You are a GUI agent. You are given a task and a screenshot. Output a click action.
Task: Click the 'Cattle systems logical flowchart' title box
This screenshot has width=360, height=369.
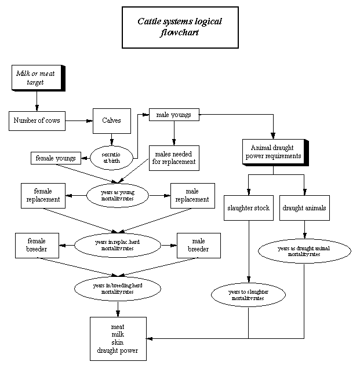click(x=180, y=27)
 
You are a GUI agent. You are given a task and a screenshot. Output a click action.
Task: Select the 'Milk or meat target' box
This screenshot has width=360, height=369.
click(x=37, y=78)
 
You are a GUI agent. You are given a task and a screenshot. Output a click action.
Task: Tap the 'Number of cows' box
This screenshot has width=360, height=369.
click(x=37, y=121)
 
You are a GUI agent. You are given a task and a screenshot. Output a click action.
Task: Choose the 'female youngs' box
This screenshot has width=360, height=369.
click(x=56, y=158)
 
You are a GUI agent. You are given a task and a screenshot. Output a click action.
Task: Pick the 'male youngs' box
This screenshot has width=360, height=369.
click(x=174, y=114)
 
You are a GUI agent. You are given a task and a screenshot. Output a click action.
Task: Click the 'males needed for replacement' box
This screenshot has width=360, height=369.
click(x=173, y=158)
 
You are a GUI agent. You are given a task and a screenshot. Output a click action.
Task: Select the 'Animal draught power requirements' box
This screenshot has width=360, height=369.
click(x=273, y=152)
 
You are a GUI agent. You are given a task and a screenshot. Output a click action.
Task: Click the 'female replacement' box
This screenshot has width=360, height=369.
click(x=43, y=196)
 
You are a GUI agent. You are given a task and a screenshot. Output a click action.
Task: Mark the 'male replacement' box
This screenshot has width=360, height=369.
click(x=192, y=196)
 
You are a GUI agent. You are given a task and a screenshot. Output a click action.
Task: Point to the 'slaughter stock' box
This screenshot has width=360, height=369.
click(x=248, y=208)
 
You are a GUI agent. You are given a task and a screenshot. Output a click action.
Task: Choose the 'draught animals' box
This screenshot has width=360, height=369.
click(x=304, y=208)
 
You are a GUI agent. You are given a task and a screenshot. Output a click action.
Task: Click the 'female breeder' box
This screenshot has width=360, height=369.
click(x=39, y=245)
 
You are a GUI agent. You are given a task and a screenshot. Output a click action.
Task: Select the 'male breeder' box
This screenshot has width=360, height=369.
click(x=198, y=245)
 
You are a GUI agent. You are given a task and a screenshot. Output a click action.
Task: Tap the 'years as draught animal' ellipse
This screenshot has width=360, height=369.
click(x=304, y=251)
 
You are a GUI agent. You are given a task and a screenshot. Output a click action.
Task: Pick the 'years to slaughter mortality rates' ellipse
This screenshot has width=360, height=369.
click(x=248, y=295)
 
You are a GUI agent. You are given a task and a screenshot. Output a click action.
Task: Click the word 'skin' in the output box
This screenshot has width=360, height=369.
click(x=117, y=342)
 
